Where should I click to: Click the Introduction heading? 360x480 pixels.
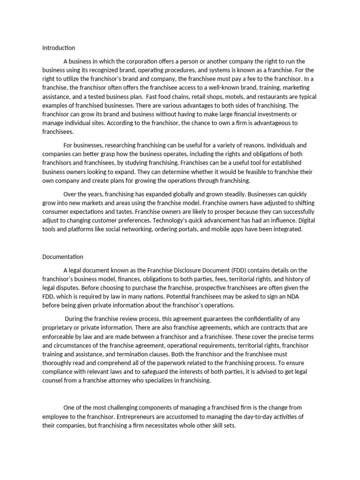[59, 48]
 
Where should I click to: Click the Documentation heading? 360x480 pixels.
[63, 256]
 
